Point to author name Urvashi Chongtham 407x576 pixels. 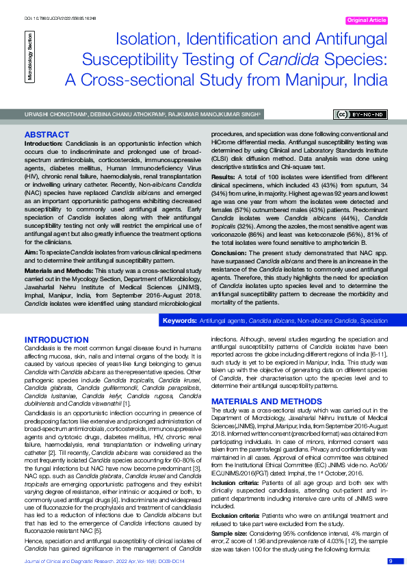52,114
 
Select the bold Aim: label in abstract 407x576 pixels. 31,233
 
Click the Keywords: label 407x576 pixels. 179,321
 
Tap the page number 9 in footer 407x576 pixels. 391,561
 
